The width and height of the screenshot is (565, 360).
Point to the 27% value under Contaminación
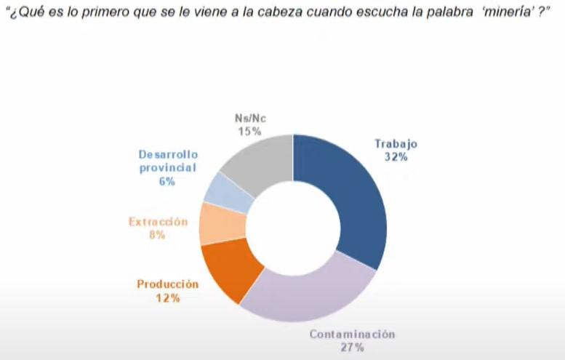pyautogui.click(x=351, y=348)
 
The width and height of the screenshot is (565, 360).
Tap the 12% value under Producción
pyautogui.click(x=167, y=297)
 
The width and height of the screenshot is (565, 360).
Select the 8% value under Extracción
pyautogui.click(x=157, y=235)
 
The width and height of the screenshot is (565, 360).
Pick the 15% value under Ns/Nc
pyautogui.click(x=249, y=131)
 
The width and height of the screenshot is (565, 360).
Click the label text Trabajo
pyautogui.click(x=398, y=143)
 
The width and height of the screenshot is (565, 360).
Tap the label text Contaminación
pyautogui.click(x=352, y=335)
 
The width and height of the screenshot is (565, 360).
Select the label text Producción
pyautogui.click(x=168, y=284)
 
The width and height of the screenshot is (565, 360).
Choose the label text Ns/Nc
pyautogui.click(x=250, y=119)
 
